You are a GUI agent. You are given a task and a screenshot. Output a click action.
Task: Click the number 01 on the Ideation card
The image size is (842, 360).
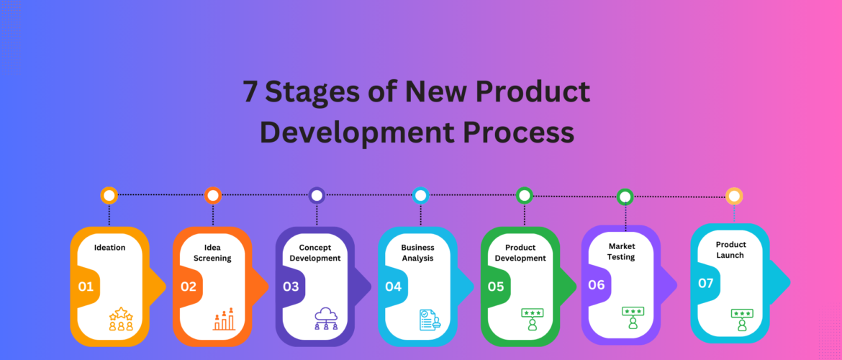point(86,287)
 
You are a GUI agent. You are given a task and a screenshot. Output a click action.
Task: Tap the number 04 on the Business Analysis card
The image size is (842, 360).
point(393,287)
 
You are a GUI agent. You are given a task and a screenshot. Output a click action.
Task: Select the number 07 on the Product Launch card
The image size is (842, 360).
point(705,283)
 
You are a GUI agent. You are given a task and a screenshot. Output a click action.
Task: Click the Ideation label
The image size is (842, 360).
point(109,248)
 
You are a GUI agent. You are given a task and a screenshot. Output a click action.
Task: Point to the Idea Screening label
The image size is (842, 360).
point(212,253)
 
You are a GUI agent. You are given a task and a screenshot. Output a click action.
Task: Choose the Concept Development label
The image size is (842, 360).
point(315,253)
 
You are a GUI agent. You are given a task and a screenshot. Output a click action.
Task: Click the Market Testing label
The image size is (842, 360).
point(621,251)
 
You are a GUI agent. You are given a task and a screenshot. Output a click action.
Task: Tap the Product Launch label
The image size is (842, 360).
point(730,250)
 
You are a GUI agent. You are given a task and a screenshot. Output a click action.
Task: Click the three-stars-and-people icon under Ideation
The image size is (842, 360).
point(121,319)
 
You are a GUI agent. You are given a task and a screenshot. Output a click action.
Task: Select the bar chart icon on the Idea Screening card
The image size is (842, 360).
point(224,319)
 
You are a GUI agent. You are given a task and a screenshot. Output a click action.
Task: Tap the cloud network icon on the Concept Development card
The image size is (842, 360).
point(326,319)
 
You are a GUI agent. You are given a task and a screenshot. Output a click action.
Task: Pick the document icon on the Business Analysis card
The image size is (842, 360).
point(430,320)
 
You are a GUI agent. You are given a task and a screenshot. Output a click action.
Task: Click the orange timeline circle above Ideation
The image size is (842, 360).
point(109,195)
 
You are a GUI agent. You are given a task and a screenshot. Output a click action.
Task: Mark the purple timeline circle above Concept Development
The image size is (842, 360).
point(317,195)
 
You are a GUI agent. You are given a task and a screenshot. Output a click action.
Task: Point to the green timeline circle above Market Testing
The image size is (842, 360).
point(625,197)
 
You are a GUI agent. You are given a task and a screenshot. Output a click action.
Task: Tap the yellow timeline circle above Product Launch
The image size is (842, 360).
point(734,196)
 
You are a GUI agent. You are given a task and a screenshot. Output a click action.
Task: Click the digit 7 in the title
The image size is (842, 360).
point(250,92)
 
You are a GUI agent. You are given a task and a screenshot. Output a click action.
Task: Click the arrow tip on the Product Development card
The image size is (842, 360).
point(576,286)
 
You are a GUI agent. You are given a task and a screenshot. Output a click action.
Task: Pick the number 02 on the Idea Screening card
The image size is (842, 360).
point(189,287)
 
